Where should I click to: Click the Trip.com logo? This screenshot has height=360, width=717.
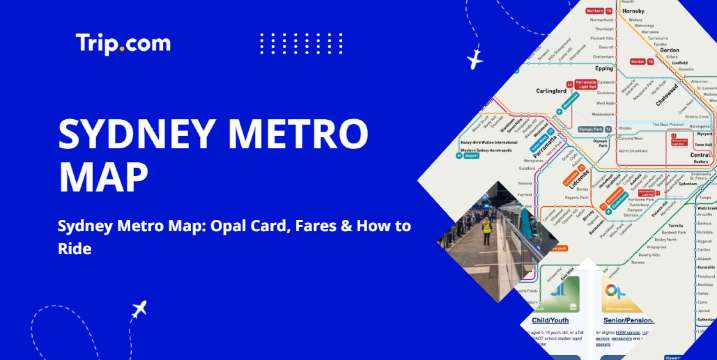123,43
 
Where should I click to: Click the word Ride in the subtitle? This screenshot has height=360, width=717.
74,248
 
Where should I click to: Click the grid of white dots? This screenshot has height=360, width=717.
287,43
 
